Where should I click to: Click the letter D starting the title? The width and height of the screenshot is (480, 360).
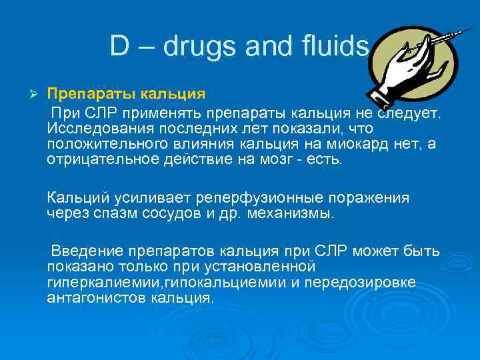click(119, 46)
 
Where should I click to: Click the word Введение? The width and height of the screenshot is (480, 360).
click(85, 251)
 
